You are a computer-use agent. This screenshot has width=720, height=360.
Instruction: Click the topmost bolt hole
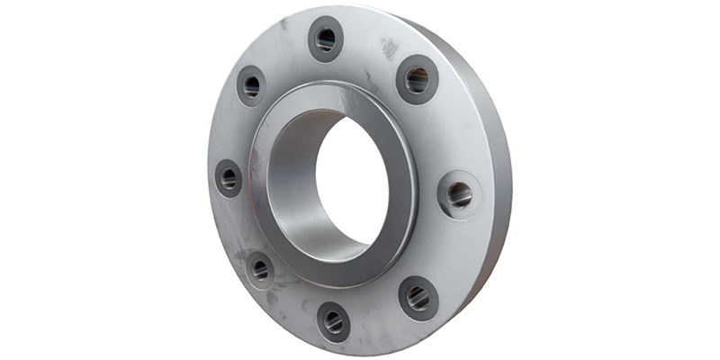[326, 40]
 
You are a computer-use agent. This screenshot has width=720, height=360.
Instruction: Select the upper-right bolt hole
[417, 79]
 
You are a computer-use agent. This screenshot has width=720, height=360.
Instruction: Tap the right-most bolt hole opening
[459, 193]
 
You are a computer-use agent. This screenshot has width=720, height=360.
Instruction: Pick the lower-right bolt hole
[418, 298]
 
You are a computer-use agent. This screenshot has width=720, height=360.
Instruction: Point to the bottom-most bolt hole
[333, 319]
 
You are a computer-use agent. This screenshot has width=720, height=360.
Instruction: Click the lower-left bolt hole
[260, 268]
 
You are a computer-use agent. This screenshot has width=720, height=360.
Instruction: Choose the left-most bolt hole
[229, 178]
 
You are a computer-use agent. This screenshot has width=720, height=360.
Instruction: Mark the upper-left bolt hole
[251, 86]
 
